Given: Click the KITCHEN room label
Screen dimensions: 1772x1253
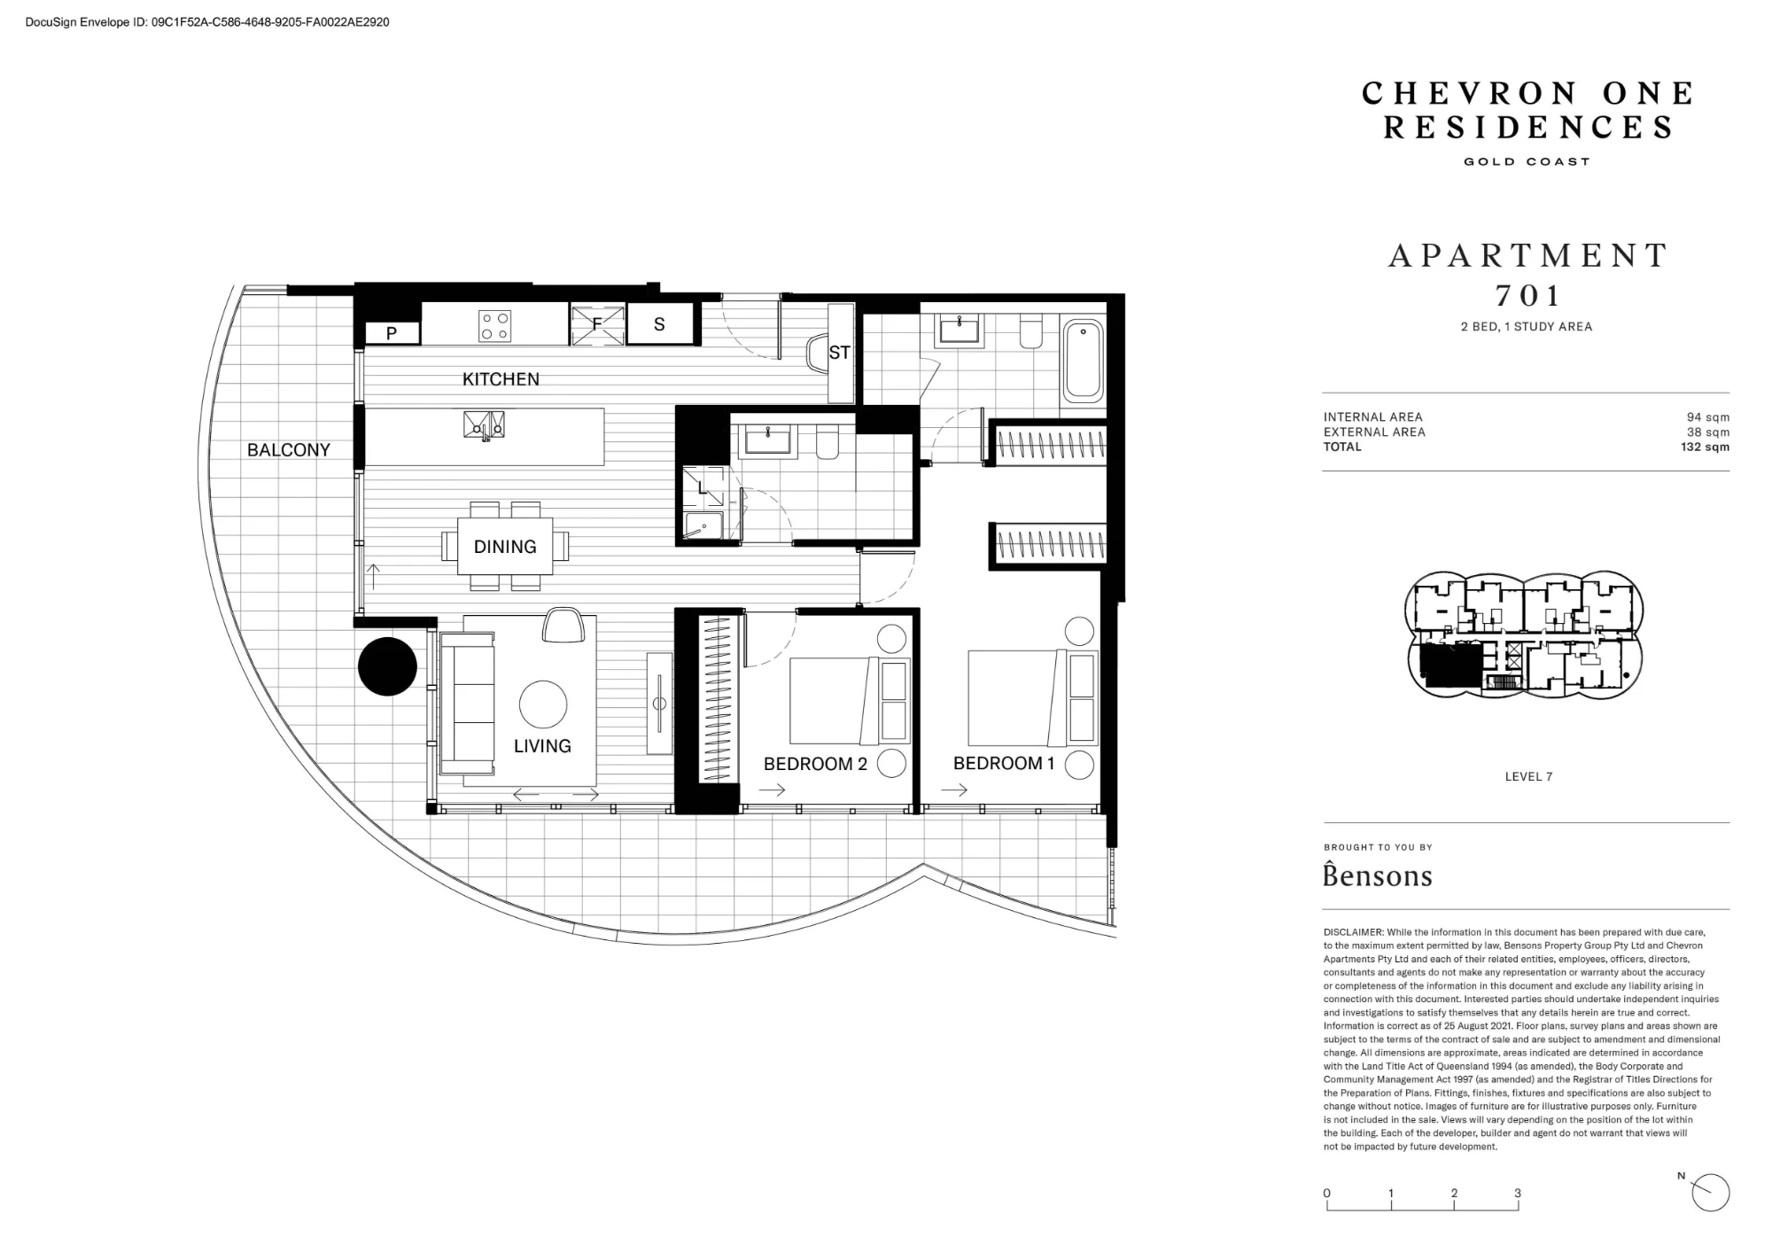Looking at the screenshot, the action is pyautogui.click(x=501, y=379).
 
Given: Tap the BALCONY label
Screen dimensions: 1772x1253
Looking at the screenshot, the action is pyautogui.click(x=289, y=450).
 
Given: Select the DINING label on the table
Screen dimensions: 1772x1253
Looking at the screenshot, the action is pyautogui.click(x=505, y=547).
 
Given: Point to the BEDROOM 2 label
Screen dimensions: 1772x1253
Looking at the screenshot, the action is pyautogui.click(x=815, y=764).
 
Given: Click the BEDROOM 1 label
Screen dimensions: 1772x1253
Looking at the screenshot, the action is pyautogui.click(x=1004, y=763).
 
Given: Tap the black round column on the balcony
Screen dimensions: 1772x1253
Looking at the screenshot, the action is pyautogui.click(x=387, y=666).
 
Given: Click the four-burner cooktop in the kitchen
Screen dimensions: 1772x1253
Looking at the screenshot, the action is pyautogui.click(x=494, y=325).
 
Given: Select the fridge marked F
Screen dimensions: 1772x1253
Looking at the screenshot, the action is pyautogui.click(x=597, y=323).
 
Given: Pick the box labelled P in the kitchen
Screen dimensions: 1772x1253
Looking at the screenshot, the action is pyautogui.click(x=392, y=333).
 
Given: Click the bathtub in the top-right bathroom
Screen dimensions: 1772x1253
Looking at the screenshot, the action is pyautogui.click(x=1083, y=362).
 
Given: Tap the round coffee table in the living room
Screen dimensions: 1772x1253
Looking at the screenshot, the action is pyautogui.click(x=542, y=704).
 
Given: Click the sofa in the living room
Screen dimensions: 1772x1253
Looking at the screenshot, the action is pyautogui.click(x=468, y=704).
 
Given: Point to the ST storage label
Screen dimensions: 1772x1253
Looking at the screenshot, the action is pyautogui.click(x=839, y=353).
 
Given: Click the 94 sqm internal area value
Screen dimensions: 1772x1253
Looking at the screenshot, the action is pyautogui.click(x=1708, y=417).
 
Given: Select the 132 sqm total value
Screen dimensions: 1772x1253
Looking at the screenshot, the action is pyautogui.click(x=1705, y=447).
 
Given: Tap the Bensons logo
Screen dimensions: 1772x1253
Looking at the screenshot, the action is pyautogui.click(x=1378, y=875).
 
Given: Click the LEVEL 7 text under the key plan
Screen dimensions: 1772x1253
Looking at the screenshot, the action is pyautogui.click(x=1528, y=776).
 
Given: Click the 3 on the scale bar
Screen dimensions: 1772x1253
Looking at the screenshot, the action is pyautogui.click(x=1518, y=1193).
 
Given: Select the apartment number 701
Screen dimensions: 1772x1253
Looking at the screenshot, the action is pyautogui.click(x=1527, y=295).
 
